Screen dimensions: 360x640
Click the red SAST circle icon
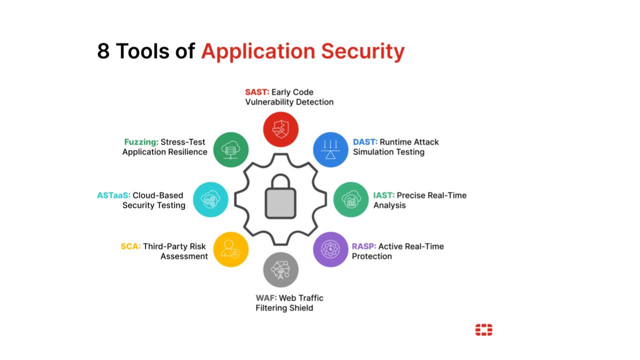(280, 129)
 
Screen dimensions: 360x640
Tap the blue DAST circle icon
(330, 149)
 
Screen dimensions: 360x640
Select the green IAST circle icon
(351, 199)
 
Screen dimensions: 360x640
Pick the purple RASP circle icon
(330, 249)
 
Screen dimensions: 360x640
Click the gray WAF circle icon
(280, 270)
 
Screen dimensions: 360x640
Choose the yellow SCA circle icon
(231, 249)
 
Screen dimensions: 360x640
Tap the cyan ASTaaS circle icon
(210, 199)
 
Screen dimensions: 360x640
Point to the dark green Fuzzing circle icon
(231, 149)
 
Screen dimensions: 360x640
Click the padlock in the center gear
(280, 197)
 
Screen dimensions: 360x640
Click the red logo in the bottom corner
(483, 330)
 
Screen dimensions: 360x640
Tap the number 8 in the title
(103, 51)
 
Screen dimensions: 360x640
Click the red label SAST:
(257, 92)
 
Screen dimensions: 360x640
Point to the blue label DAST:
(365, 142)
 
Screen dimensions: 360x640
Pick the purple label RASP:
(364, 246)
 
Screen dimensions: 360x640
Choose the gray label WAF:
(266, 298)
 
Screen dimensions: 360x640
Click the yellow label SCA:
(130, 246)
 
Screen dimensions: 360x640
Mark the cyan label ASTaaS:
(113, 195)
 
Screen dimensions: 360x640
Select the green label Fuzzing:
(141, 142)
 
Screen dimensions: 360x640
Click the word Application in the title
(258, 51)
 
